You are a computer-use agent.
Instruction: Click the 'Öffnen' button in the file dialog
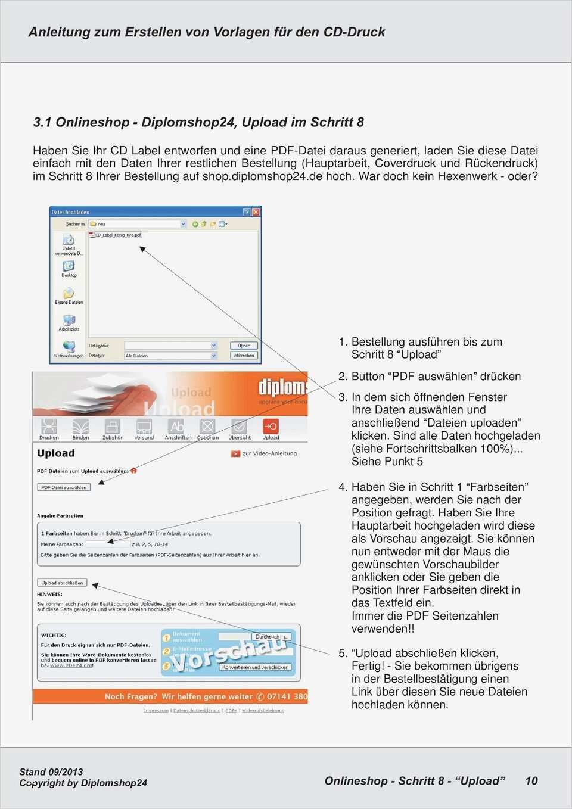pyautogui.click(x=244, y=346)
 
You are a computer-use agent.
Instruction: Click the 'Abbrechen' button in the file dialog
pyautogui.click(x=244, y=356)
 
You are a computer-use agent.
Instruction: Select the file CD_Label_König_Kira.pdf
pyautogui.click(x=118, y=235)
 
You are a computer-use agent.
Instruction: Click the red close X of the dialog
pyautogui.click(x=256, y=212)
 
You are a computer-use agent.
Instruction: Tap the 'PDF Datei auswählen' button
pyautogui.click(x=64, y=487)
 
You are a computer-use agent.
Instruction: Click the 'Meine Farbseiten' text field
pyautogui.click(x=107, y=544)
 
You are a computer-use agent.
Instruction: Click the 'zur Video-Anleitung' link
pyautogui.click(x=269, y=453)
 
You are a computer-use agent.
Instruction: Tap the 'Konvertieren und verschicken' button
pyautogui.click(x=255, y=667)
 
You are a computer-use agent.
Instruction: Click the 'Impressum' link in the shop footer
pyautogui.click(x=156, y=710)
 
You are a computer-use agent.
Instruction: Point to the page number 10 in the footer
pyautogui.click(x=531, y=781)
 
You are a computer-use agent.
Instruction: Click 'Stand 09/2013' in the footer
pyautogui.click(x=51, y=772)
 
